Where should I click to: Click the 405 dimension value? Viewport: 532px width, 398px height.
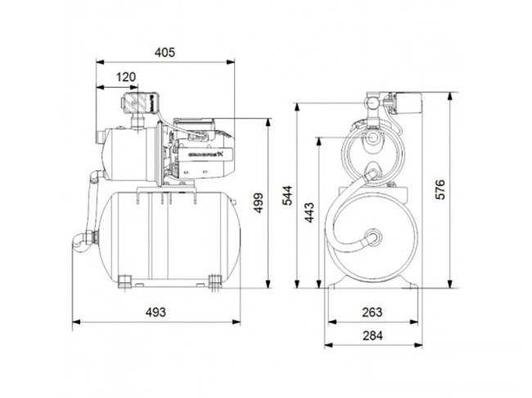coord(166,52)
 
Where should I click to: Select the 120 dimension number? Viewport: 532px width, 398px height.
coord(124,77)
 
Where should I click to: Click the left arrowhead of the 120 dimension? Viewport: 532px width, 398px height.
coord(99,87)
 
